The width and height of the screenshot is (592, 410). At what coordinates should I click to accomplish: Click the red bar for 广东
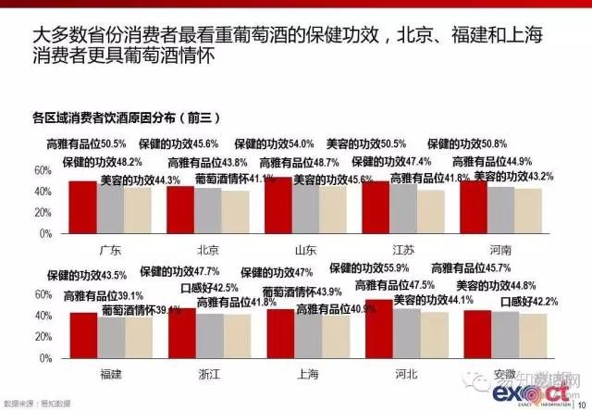tap(82, 207)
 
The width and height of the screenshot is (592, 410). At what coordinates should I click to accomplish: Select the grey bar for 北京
tap(208, 210)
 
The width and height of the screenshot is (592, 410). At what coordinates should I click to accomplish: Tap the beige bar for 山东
tap(334, 211)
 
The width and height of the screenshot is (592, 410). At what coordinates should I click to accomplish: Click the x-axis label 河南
tap(500, 251)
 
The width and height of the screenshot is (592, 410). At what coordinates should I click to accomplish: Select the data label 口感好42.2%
tap(531, 301)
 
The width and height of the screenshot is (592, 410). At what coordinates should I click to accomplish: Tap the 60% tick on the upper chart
tap(43, 171)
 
